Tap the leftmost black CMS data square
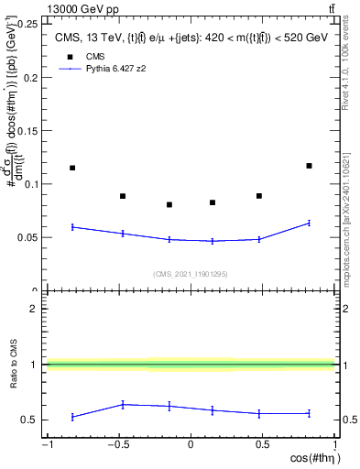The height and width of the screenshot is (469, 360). pyautogui.click(x=72, y=168)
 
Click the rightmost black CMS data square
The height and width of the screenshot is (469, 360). pyautogui.click(x=309, y=166)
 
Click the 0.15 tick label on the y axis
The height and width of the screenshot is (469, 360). pyautogui.click(x=27, y=131)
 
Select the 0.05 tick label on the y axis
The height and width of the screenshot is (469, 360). pyautogui.click(x=27, y=238)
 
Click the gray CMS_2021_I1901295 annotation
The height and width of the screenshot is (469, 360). pyautogui.click(x=190, y=274)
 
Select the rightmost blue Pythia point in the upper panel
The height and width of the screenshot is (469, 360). pyautogui.click(x=309, y=223)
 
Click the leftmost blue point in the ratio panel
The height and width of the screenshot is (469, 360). pyautogui.click(x=72, y=417)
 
